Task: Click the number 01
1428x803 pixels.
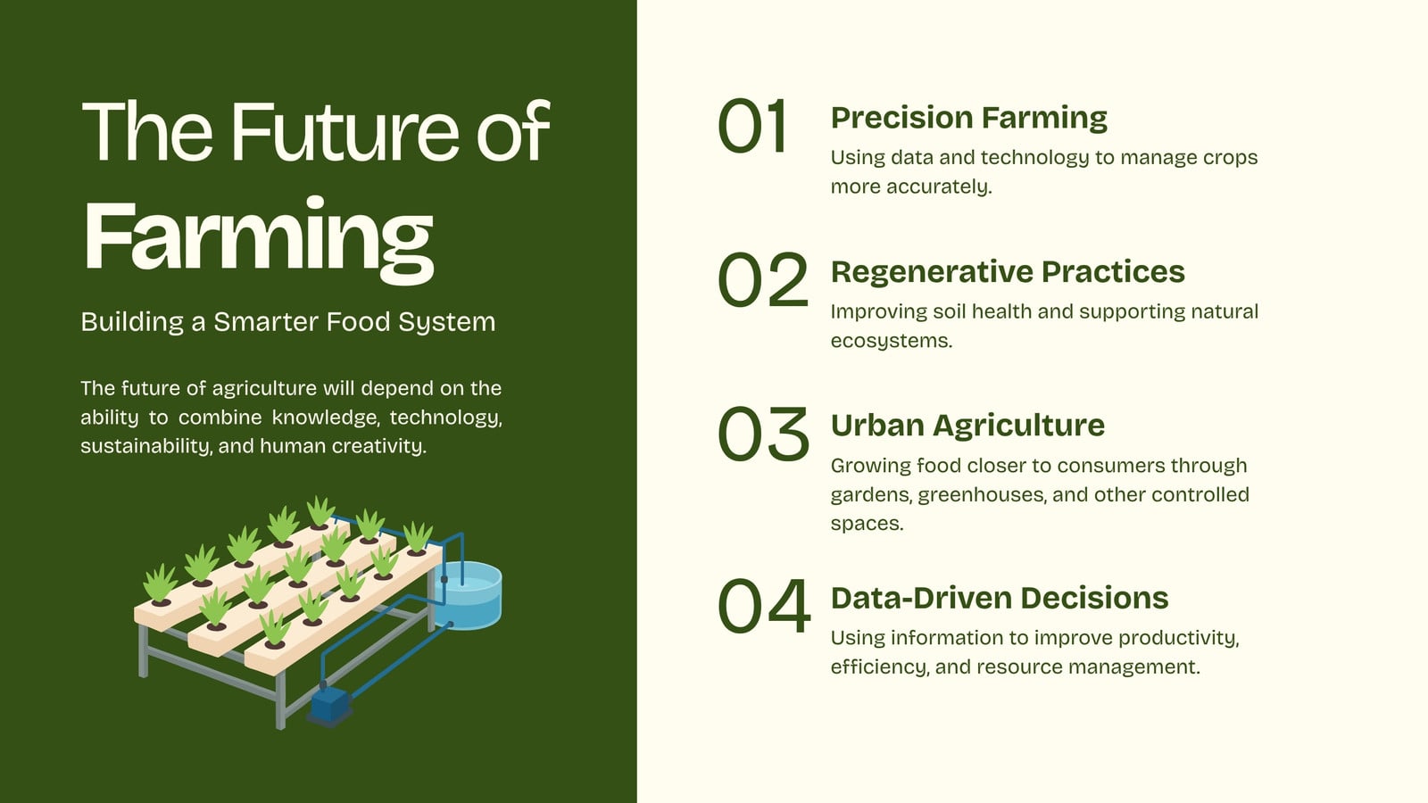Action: click(751, 126)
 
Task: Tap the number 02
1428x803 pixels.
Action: click(763, 280)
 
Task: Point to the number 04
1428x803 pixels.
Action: click(764, 606)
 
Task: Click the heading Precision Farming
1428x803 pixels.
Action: click(969, 118)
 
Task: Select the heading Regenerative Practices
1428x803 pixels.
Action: click(1008, 272)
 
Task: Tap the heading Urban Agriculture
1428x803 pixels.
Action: click(967, 426)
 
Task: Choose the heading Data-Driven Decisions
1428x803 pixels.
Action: click(1000, 598)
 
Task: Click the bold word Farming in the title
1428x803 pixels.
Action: click(259, 239)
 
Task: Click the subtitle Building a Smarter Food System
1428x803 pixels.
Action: click(288, 322)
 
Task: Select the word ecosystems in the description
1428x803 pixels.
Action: click(892, 341)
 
